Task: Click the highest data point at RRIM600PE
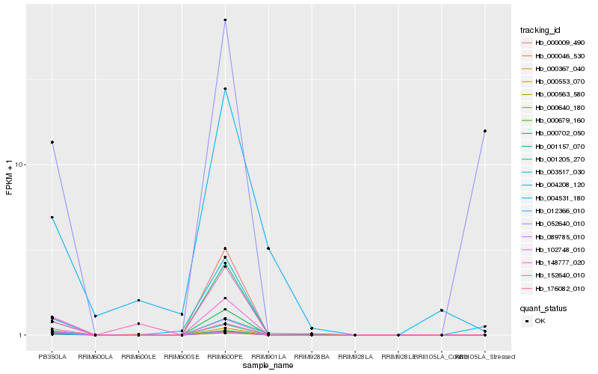(x=225, y=20)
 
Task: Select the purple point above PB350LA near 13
(x=52, y=142)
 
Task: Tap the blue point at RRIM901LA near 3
(x=268, y=248)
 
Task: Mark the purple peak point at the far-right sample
(x=485, y=131)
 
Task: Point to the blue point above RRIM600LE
(x=138, y=301)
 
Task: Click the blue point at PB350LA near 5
(x=52, y=218)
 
